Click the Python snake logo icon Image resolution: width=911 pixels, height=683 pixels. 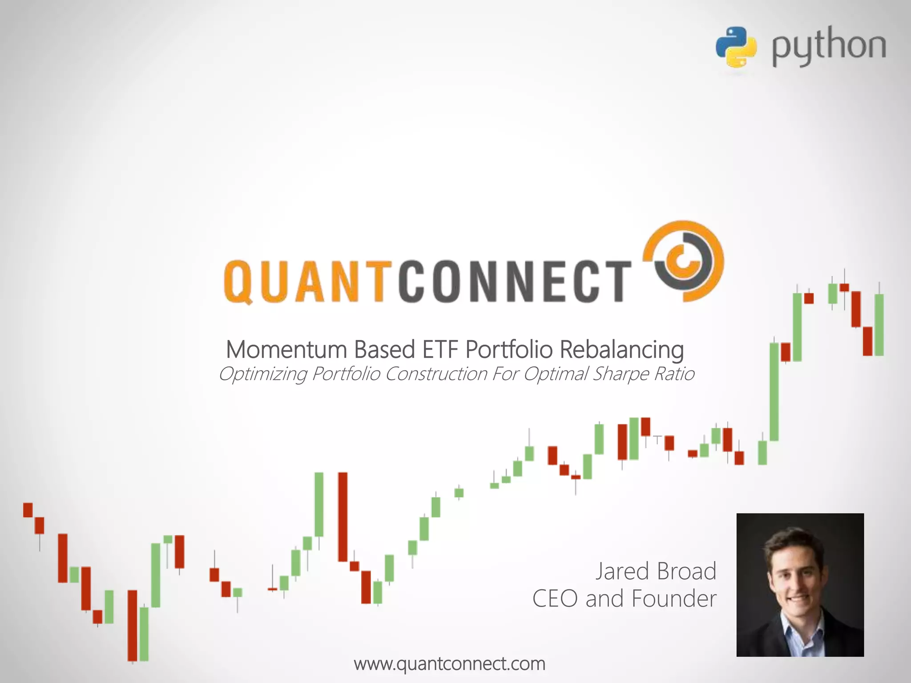coord(736,47)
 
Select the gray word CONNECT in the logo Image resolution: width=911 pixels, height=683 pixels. coord(514,281)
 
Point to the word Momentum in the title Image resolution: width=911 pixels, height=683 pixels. coord(286,350)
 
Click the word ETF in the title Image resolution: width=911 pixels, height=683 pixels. coord(440,350)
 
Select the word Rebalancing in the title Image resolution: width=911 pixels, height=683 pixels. coord(621,350)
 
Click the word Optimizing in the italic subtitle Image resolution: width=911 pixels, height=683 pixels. coord(262,374)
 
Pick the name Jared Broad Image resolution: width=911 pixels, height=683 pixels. coord(656,571)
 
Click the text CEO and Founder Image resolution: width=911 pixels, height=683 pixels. coord(624,599)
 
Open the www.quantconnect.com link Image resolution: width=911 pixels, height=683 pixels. coord(449,664)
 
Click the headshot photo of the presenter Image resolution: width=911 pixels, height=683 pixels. coord(800,584)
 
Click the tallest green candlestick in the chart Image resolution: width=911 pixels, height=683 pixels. coord(774,392)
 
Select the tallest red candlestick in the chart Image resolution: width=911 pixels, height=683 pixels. coord(343,517)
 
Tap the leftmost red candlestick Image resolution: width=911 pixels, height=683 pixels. coord(28,510)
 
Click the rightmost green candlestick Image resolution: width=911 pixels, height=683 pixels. coord(879,325)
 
